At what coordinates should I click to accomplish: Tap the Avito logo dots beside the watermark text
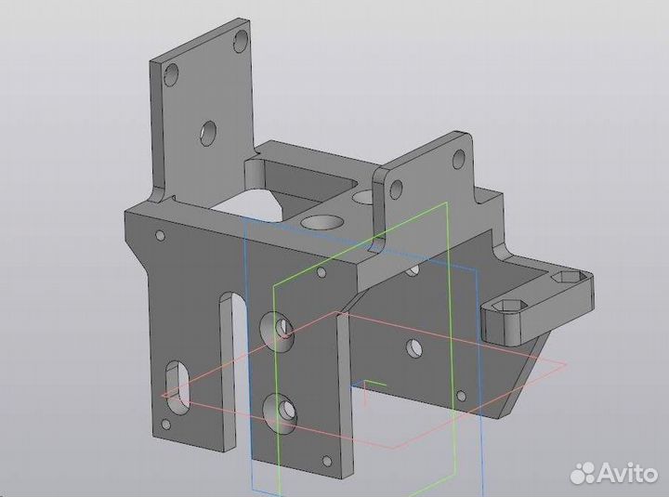point(583,472)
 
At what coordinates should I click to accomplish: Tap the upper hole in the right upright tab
point(457,158)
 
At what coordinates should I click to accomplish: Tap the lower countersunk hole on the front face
point(280,409)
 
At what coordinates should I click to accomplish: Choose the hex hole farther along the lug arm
point(564,278)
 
